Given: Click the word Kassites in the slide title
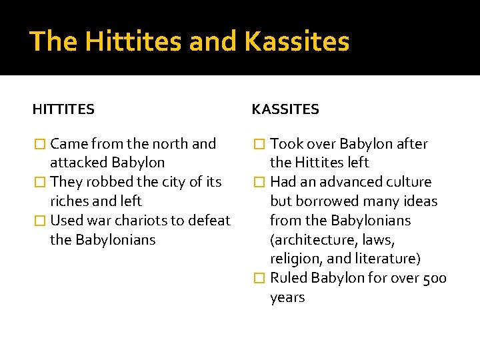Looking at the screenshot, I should point(297,42).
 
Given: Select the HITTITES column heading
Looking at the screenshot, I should point(63,109).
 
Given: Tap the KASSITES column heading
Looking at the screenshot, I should point(285,109).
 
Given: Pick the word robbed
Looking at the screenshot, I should point(110,182).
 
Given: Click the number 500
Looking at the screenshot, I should point(435,278).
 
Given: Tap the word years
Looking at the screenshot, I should point(287,297).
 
